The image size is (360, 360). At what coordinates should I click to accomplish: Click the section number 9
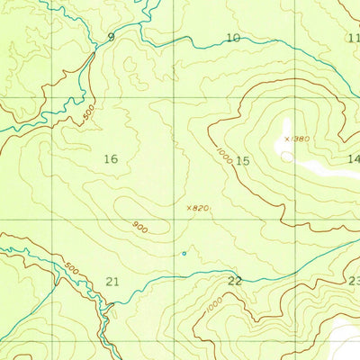111,37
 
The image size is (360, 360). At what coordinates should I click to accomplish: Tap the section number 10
233,38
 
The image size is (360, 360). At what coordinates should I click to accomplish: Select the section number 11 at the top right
353,38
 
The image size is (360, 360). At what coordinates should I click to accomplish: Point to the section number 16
111,159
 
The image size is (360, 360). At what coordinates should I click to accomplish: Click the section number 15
241,160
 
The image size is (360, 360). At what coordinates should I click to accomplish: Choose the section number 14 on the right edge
353,159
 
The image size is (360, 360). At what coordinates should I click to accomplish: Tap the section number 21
112,282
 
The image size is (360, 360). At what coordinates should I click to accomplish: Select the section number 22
235,282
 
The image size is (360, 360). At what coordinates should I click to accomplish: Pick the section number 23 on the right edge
354,282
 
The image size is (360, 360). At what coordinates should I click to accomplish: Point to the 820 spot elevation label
200,208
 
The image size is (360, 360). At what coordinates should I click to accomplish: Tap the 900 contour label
139,227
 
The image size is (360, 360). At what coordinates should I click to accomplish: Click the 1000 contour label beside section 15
223,155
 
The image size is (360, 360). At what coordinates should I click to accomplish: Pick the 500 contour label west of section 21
72,266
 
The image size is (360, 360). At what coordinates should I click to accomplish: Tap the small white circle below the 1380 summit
286,156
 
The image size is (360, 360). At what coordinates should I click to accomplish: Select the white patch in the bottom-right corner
346,340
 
